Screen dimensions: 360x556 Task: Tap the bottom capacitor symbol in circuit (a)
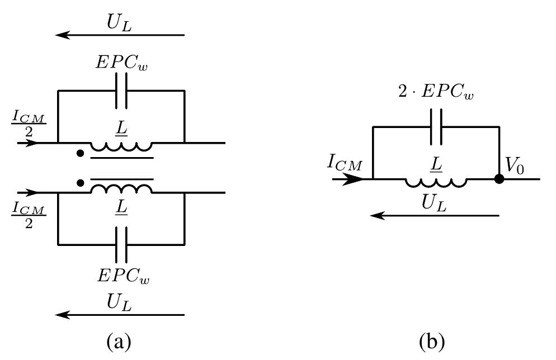point(121,245)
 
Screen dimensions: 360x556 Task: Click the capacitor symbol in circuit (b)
point(436,127)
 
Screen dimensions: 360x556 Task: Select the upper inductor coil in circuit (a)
point(121,146)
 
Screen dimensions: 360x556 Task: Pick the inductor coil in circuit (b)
point(436,182)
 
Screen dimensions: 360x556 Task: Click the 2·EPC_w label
point(436,92)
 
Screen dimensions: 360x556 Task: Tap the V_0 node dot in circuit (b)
point(500,179)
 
